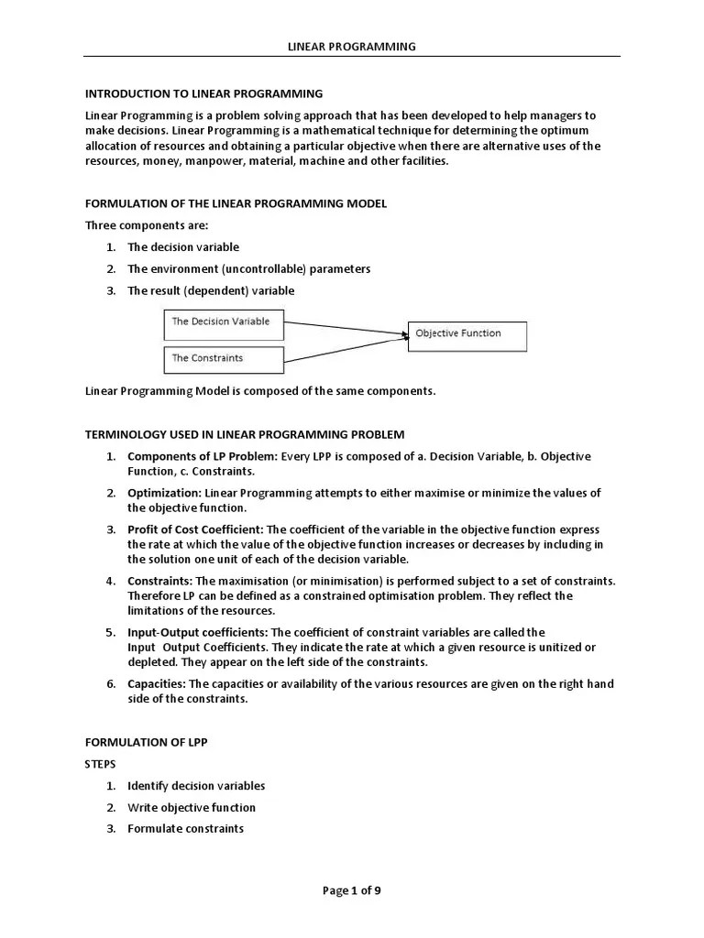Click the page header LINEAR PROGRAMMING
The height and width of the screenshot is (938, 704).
click(352, 46)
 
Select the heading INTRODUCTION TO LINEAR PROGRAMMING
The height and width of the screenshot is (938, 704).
click(203, 93)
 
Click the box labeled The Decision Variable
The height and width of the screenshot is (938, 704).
click(224, 322)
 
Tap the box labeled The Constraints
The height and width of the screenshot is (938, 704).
click(224, 358)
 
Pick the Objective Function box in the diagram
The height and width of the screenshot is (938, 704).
click(467, 335)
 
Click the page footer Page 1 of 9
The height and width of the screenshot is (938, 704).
click(351, 889)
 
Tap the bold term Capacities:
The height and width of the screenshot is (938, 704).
click(156, 683)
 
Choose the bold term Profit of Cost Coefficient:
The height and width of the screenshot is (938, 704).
click(195, 529)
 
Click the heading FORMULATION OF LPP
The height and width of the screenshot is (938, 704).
click(147, 742)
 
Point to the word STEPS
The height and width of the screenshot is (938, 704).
click(101, 763)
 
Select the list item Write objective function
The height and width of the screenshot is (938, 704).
click(192, 807)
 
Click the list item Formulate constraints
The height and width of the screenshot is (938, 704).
click(185, 829)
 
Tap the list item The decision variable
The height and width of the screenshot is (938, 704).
click(183, 247)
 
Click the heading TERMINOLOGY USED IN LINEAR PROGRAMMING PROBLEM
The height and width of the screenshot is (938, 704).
click(245, 434)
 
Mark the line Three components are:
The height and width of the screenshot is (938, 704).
click(133, 225)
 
